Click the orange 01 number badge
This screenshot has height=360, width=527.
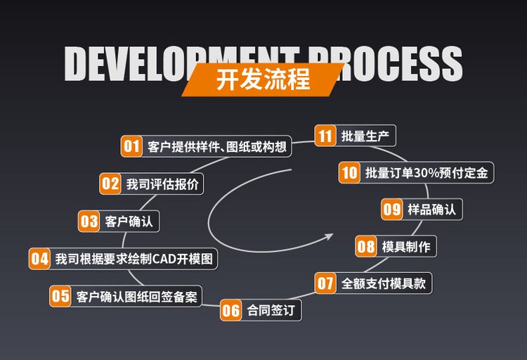[x=132, y=146]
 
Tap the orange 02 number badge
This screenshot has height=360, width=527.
[x=110, y=184]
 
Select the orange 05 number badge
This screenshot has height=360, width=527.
[x=60, y=296]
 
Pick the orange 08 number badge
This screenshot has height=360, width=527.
[x=366, y=246]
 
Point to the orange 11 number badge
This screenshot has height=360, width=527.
[x=325, y=136]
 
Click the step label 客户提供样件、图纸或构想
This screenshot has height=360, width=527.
[x=217, y=147]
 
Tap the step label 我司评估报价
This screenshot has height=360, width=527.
[x=162, y=184]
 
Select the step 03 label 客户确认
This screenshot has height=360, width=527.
[x=129, y=221]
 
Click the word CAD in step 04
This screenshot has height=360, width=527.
[x=164, y=259]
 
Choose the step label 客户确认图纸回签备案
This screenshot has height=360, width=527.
[x=136, y=297]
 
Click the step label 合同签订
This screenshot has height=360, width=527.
[x=271, y=310]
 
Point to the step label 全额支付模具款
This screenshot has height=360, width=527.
[x=384, y=283]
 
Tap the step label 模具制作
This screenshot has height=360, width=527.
[x=406, y=247]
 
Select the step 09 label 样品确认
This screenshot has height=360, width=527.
[x=432, y=210]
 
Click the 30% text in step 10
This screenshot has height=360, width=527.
[x=427, y=173]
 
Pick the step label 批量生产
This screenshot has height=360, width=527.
[x=365, y=136]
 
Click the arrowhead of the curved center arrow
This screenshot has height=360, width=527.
[x=329, y=237]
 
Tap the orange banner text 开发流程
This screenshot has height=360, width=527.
[x=263, y=79]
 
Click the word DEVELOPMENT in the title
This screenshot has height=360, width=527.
[x=181, y=63]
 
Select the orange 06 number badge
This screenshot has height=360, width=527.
[x=231, y=310]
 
